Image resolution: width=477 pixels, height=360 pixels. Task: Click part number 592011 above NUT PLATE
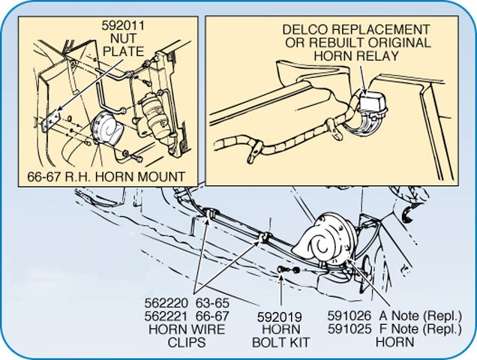click(x=123, y=25)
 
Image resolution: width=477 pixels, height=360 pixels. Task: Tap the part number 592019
click(x=280, y=317)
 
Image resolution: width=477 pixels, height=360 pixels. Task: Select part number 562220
click(x=166, y=303)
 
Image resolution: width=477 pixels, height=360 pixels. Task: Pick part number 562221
click(x=166, y=316)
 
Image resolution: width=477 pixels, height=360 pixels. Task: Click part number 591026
click(x=349, y=316)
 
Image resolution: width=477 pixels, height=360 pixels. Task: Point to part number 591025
click(x=349, y=329)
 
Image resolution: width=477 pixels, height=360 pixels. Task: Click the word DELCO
click(x=305, y=29)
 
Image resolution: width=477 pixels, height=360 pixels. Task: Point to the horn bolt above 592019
click(x=282, y=269)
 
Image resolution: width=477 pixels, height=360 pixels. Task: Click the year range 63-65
click(x=212, y=303)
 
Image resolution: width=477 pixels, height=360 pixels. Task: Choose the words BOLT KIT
click(x=280, y=342)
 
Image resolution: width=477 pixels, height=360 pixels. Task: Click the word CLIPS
click(x=187, y=342)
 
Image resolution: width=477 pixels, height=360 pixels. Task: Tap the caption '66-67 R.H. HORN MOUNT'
click(x=106, y=176)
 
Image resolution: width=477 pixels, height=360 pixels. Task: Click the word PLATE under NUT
click(x=123, y=52)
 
